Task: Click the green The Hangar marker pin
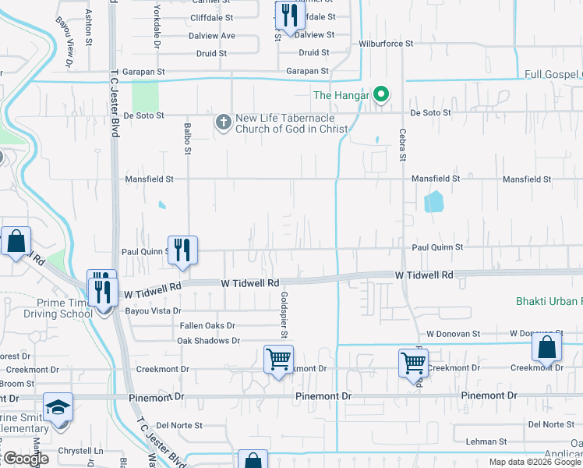tap(381, 96)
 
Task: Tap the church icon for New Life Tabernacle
tap(223, 122)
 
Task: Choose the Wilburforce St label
tap(386, 44)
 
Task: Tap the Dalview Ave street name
tap(211, 35)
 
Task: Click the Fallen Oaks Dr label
tap(207, 325)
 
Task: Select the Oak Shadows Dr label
tap(208, 341)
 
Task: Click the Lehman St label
tap(481, 441)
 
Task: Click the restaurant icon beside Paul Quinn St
tap(182, 249)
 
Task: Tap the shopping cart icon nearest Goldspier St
tap(278, 360)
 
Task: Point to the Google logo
tap(25, 459)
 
